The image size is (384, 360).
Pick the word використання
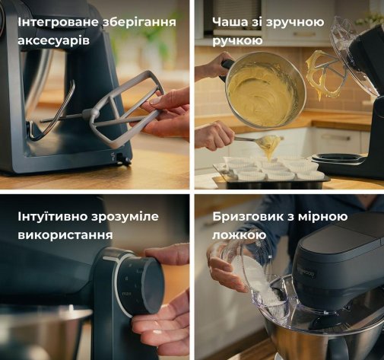pos(65,234)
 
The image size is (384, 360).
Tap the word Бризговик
pos(249,217)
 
